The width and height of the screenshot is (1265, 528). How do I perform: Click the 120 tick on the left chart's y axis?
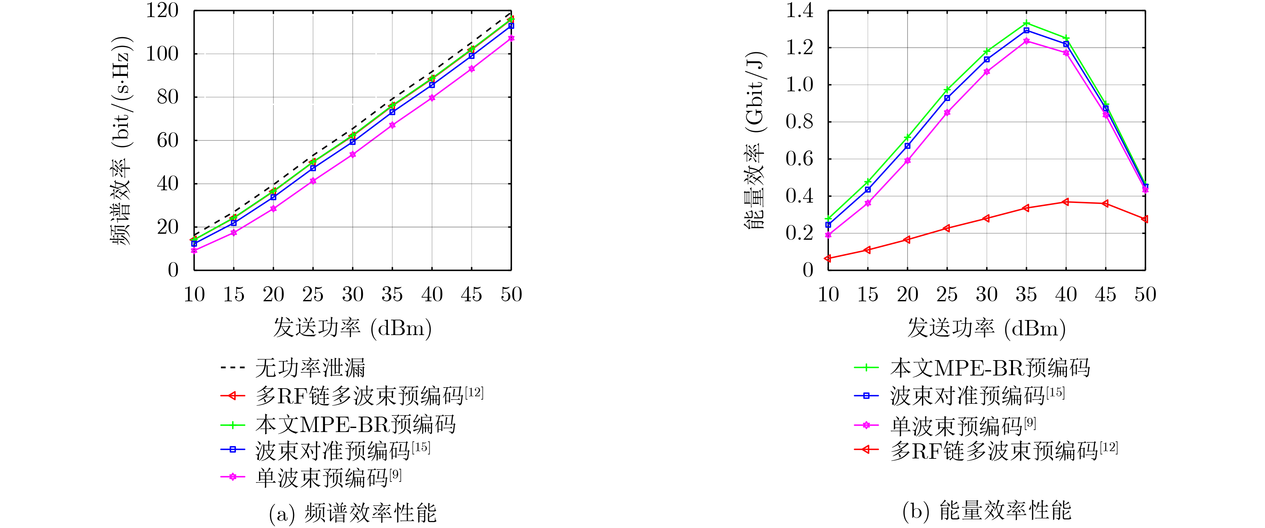tap(162, 11)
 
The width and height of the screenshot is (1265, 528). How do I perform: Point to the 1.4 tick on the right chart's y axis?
tap(799, 11)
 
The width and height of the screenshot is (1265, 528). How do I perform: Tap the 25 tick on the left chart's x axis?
tap(313, 294)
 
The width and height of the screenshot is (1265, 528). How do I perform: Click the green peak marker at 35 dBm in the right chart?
tap(1026, 23)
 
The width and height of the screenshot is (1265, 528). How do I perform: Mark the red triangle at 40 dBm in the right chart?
tap(1066, 202)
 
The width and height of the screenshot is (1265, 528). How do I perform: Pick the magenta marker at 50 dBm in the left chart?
tap(511, 38)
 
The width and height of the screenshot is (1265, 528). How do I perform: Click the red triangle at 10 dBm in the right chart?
tap(828, 258)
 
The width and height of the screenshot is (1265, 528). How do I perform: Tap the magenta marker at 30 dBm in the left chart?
tap(353, 154)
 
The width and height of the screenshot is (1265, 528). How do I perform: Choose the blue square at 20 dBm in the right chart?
tap(908, 146)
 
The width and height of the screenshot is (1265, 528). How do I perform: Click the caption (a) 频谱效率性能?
tap(353, 513)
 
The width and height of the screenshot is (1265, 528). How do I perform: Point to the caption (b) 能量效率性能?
tap(987, 511)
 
